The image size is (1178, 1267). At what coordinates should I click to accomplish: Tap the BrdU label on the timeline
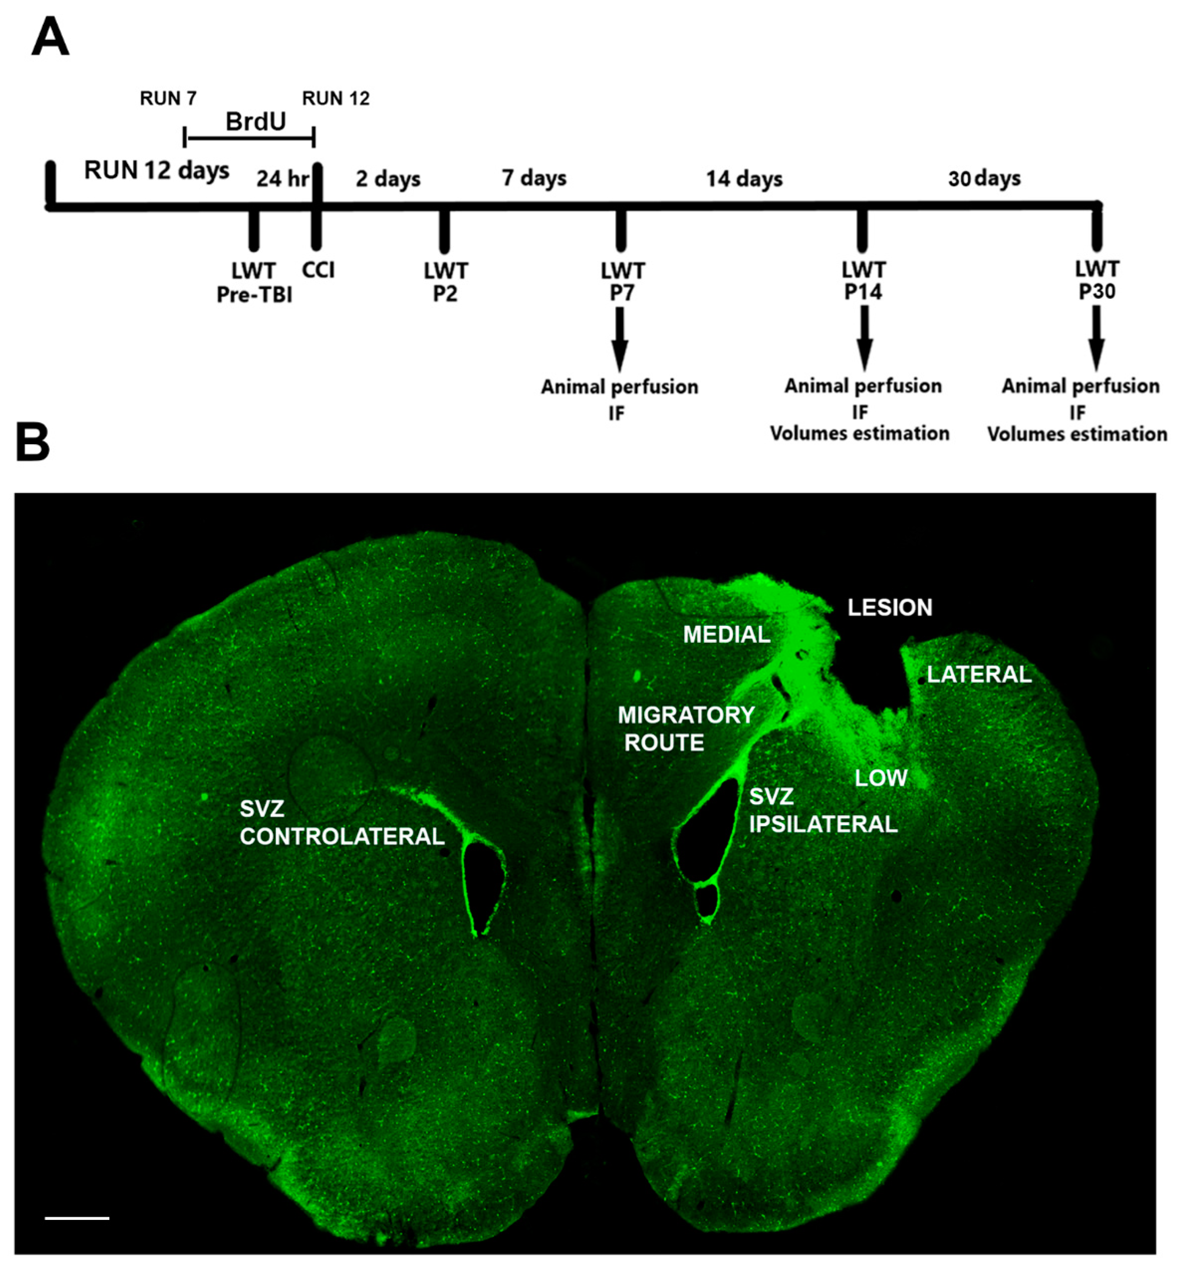pos(256,121)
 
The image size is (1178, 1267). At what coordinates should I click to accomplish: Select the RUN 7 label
pos(168,99)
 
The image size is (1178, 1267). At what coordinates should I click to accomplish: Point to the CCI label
pos(318,270)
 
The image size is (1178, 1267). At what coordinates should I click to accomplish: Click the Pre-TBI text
pos(254,295)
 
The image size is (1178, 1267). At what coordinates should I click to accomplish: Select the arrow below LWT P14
pos(864,338)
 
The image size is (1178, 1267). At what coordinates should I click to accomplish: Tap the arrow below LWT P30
pos(1096,338)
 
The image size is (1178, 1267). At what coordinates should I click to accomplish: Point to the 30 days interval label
pos(984,179)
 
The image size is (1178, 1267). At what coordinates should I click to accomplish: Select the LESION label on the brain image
pos(890,607)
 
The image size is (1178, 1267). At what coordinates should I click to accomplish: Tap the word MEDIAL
pos(727,635)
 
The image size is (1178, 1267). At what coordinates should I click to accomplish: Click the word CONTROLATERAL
pos(342,837)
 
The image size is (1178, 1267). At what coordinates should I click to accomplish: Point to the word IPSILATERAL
pos(823,825)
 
